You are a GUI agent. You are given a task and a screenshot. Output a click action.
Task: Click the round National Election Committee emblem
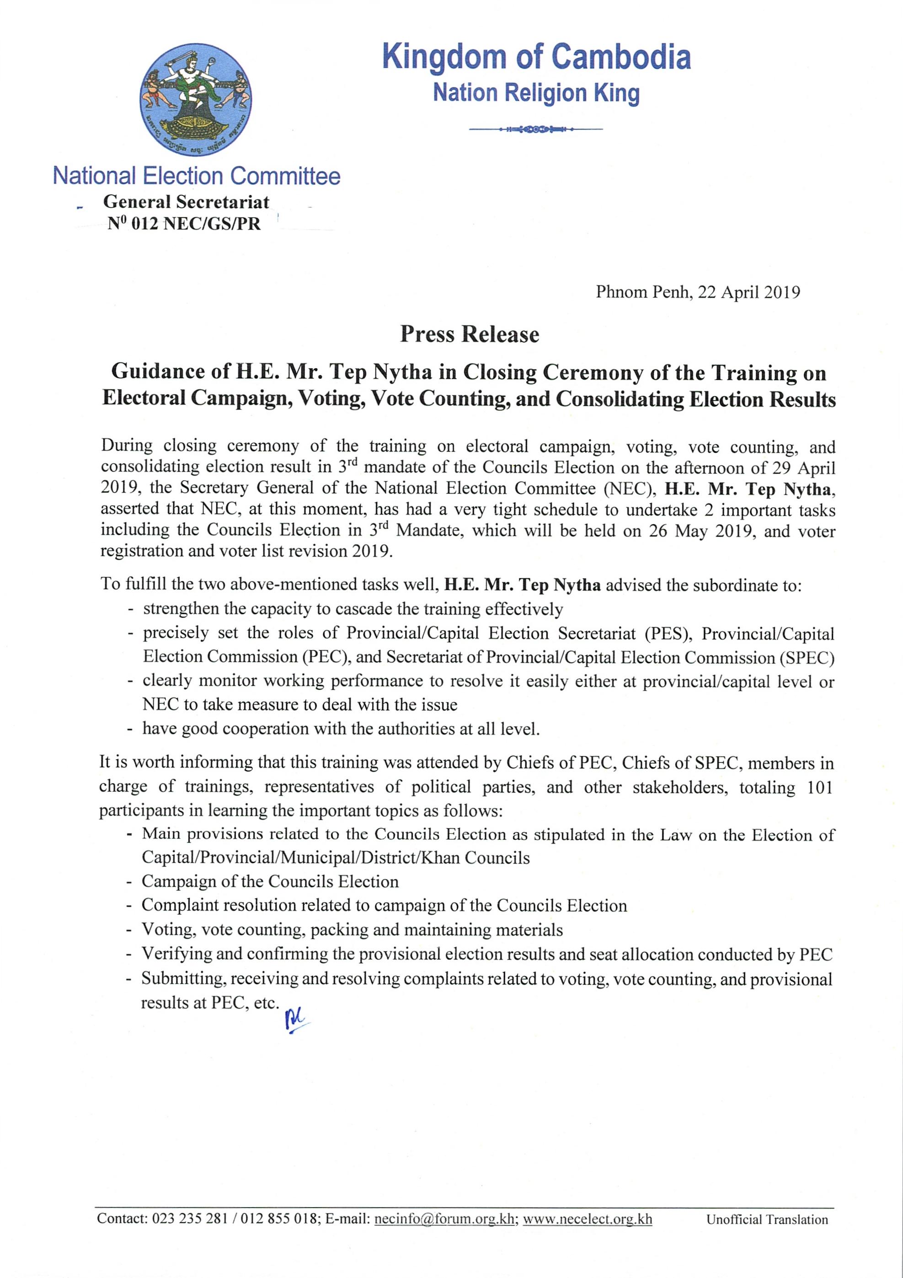click(x=195, y=100)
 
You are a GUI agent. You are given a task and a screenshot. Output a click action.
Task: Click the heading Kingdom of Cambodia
click(x=536, y=57)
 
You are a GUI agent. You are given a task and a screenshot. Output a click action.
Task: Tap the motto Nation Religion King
click(x=536, y=93)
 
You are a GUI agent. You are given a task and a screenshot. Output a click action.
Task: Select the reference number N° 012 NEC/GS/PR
click(x=184, y=224)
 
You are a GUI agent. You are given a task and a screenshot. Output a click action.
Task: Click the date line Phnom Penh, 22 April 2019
click(x=698, y=292)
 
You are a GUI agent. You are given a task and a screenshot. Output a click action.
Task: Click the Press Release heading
click(x=470, y=334)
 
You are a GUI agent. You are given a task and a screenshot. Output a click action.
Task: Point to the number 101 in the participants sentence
click(x=819, y=788)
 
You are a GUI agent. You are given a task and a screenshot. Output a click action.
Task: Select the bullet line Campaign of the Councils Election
click(x=270, y=882)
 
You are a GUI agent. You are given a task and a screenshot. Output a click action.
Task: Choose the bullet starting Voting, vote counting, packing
click(x=352, y=930)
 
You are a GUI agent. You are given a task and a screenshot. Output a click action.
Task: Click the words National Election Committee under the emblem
click(x=197, y=176)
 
